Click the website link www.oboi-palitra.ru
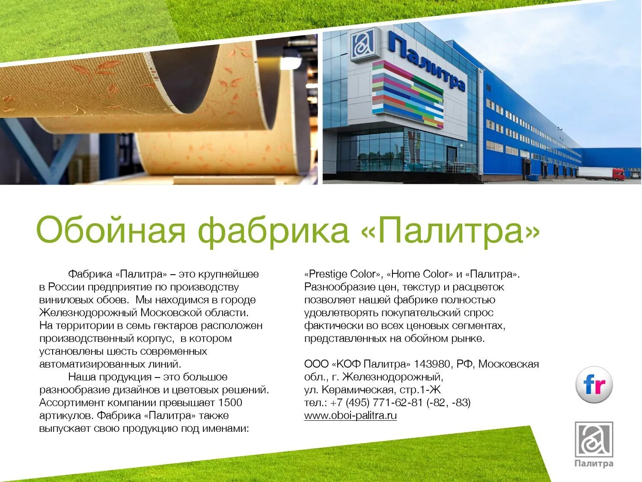(350, 415)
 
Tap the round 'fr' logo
(594, 385)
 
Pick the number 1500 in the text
(230, 403)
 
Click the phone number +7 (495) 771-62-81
(376, 403)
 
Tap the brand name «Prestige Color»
(343, 274)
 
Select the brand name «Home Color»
(419, 274)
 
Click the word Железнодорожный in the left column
(88, 313)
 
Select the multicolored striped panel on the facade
(407, 94)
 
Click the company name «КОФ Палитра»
(371, 364)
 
